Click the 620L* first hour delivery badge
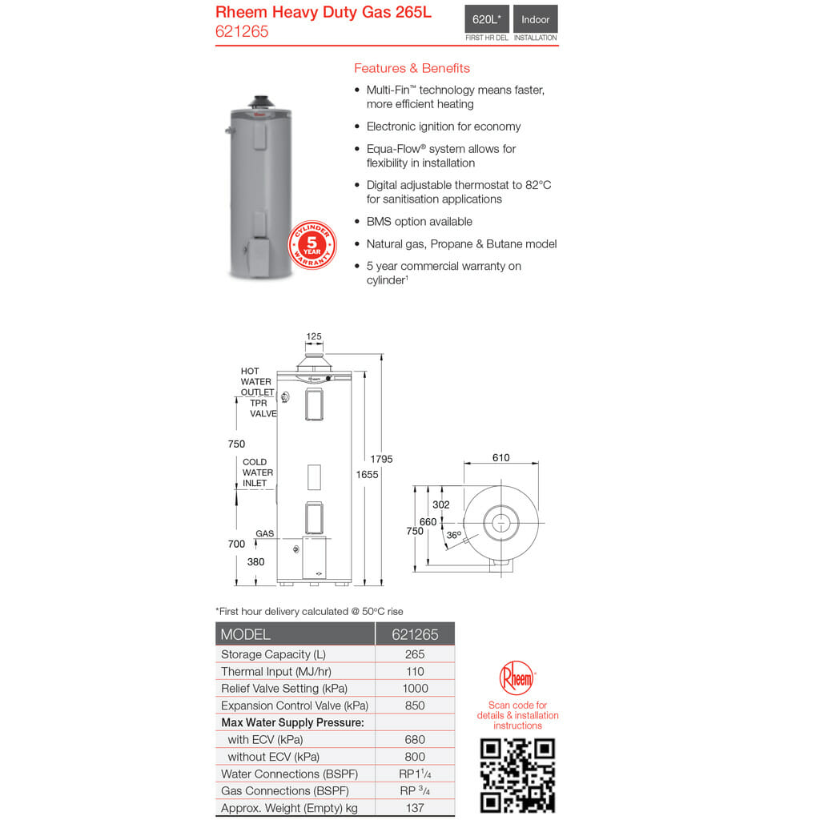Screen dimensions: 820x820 click(486, 19)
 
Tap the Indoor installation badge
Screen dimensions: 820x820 click(536, 19)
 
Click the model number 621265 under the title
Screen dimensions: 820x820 click(242, 32)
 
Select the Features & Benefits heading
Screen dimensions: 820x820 click(412, 68)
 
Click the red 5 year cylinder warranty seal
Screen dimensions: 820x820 click(312, 245)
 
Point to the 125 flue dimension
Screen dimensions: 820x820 click(314, 336)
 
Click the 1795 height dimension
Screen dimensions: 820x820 click(381, 459)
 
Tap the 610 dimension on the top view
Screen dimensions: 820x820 click(500, 458)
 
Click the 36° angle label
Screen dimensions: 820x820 click(454, 535)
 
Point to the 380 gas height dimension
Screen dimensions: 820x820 click(255, 562)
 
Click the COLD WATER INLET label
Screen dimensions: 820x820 click(258, 472)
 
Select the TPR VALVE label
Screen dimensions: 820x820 click(263, 408)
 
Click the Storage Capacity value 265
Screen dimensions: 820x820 click(415, 654)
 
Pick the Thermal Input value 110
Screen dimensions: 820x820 click(415, 671)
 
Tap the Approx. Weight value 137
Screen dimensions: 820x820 click(415, 808)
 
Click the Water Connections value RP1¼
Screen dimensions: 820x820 click(415, 774)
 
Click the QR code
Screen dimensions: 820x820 click(517, 775)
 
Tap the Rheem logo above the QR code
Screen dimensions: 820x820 click(517, 678)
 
